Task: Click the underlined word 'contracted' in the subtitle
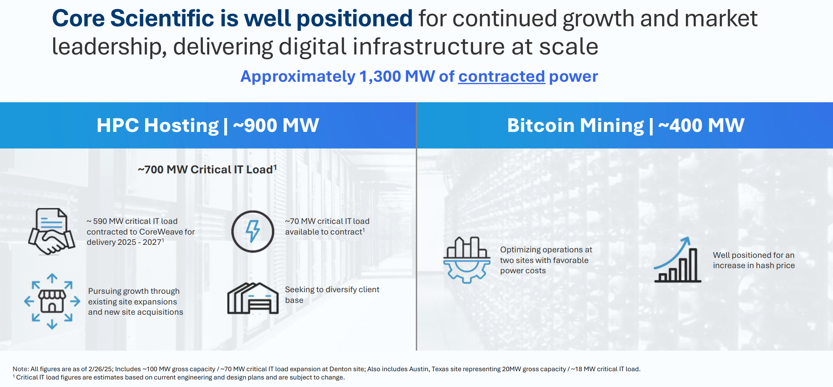[x=502, y=76]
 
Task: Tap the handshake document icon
[x=51, y=231]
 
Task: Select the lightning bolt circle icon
[x=253, y=231]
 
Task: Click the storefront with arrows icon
[x=52, y=301]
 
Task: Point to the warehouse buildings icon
[x=253, y=299]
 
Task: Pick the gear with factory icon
[x=467, y=260]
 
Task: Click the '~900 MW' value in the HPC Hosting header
[x=276, y=126]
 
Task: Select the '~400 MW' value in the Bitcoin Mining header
[x=701, y=126]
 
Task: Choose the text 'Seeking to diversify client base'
[x=332, y=295]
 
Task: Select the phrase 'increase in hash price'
[x=753, y=265]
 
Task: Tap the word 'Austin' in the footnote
[x=418, y=369]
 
